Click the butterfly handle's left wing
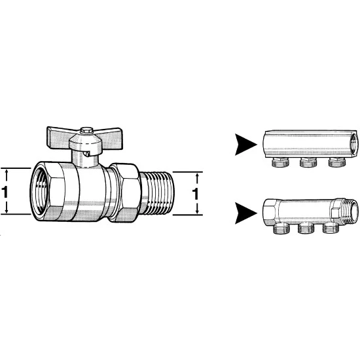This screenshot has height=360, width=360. point(58,137)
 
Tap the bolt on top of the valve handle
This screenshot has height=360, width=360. point(86,130)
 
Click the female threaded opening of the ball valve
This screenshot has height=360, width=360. point(39,191)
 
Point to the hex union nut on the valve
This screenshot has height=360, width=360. point(124,192)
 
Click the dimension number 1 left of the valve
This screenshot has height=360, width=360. point(5,192)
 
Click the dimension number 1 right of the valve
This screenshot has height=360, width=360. point(195,193)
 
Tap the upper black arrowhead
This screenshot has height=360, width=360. point(245,145)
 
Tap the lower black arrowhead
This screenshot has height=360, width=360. point(245,213)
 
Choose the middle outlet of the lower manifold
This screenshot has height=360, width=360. point(306,228)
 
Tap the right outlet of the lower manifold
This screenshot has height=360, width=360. point(331,228)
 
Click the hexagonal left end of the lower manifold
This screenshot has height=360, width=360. point(271,211)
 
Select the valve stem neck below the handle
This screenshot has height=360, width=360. point(85,158)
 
